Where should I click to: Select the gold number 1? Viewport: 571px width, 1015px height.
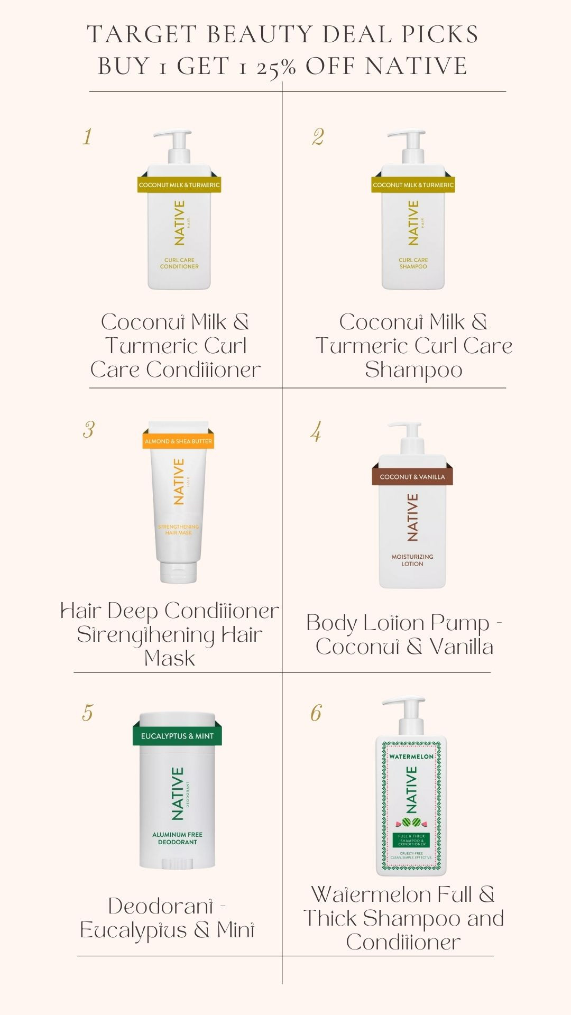87,137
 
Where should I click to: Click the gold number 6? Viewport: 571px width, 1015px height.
316,713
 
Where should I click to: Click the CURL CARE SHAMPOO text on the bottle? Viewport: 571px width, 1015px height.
413,263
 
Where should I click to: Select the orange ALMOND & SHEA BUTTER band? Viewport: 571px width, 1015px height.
178,441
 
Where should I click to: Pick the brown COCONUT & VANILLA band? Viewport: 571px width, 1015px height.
412,476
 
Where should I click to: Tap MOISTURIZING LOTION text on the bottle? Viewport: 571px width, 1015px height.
412,560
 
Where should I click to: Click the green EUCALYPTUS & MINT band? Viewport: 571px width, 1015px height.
177,736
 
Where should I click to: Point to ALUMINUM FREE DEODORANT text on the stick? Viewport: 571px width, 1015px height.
177,838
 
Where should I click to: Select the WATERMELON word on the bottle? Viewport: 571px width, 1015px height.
411,756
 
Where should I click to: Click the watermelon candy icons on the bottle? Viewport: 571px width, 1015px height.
411,823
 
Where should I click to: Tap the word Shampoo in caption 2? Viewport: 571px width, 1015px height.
413,370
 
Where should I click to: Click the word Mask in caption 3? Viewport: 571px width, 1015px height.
170,658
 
